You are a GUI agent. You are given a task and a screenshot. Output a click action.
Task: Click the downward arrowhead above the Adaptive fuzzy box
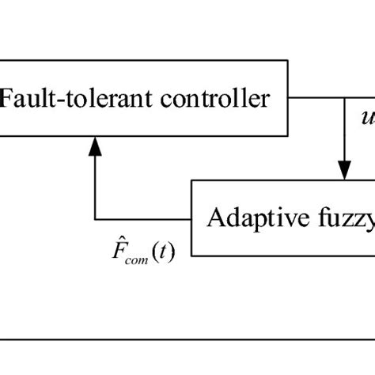click(344, 169)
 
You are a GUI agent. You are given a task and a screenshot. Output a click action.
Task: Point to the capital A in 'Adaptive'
click(212, 219)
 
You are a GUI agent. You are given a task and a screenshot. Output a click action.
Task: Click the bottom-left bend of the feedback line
click(95, 218)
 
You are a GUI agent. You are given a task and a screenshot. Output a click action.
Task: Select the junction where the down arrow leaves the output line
click(344, 99)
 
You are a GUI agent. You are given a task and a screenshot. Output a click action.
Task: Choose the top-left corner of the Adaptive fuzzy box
click(193, 180)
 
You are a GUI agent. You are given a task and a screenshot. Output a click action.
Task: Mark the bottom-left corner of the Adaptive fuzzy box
click(193, 255)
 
